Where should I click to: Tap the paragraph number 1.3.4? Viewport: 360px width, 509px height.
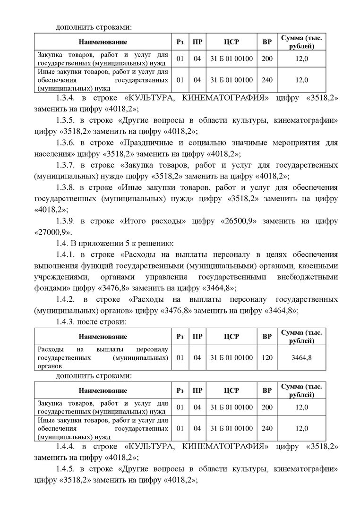pyautogui.click(x=67, y=98)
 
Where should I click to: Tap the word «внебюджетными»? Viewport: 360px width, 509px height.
pyautogui.click(x=310, y=277)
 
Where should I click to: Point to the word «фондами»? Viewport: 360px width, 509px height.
pyautogui.click(x=48, y=288)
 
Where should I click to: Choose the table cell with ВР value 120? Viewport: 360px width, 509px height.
pyautogui.click(x=267, y=357)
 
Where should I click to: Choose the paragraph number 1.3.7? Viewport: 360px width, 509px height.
pyautogui.click(x=67, y=165)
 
